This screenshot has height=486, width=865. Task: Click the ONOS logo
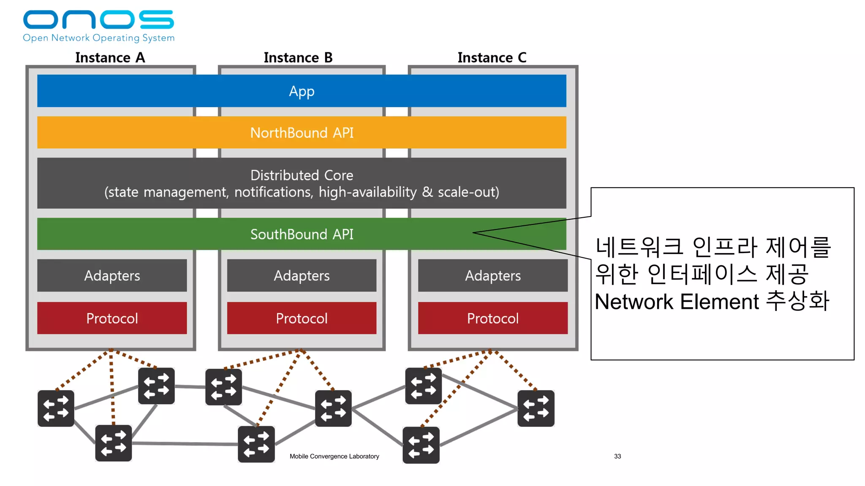(x=98, y=20)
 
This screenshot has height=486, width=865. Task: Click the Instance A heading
(x=110, y=57)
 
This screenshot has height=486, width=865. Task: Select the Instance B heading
(x=298, y=57)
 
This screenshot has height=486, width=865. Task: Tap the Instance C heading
(x=492, y=57)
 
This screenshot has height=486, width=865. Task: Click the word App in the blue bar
(x=302, y=91)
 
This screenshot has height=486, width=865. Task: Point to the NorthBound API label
(x=302, y=133)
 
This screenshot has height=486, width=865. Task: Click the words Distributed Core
(x=302, y=175)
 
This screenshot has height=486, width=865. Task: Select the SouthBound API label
(x=302, y=234)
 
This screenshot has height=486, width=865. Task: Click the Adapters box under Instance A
(x=112, y=275)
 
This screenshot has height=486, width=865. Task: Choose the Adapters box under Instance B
(x=302, y=275)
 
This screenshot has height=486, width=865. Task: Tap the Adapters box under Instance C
(x=492, y=275)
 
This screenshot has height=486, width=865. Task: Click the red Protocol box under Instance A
(x=112, y=318)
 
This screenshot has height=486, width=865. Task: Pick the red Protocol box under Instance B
(x=302, y=318)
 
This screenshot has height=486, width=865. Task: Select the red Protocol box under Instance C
(x=492, y=318)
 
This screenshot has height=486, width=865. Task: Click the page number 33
(x=617, y=456)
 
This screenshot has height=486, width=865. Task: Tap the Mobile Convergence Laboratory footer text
(x=334, y=456)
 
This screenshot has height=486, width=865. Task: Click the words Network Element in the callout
(x=677, y=302)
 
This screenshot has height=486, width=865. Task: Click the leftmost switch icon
(x=56, y=408)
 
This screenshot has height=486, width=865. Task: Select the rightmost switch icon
(x=536, y=408)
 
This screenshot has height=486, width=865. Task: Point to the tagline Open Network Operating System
(x=98, y=38)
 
